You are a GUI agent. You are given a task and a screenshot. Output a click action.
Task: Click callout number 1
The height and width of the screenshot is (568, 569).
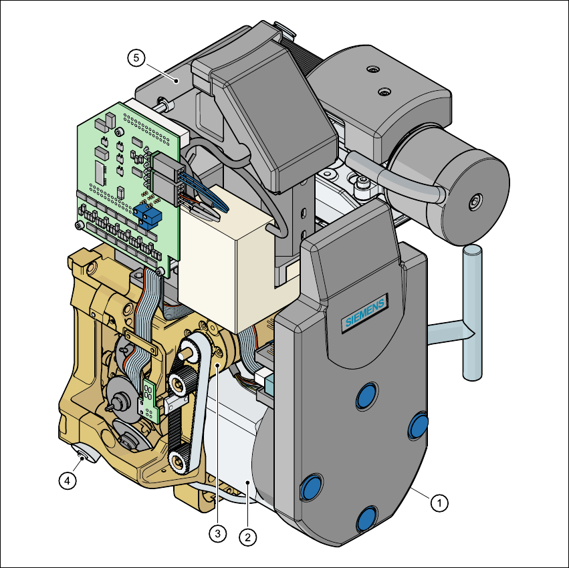pos(439,503)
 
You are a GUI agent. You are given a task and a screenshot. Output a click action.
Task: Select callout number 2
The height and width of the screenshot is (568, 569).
pos(248,537)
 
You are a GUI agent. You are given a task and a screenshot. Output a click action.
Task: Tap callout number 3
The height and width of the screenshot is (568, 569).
pos(218,533)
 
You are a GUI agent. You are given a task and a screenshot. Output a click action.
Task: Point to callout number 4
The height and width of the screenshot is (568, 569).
pos(68,480)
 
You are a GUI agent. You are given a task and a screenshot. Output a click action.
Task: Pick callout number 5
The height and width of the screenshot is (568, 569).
pos(136,57)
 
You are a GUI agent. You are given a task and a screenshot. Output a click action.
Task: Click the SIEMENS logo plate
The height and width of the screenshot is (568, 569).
pos(365,312)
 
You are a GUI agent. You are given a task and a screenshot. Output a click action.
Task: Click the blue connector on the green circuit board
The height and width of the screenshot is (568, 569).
pos(147,215)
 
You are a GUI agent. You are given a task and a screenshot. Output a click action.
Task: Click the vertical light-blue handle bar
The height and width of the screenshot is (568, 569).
pos(473,313)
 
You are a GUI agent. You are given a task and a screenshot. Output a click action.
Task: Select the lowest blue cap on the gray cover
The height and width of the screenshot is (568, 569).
pos(366,519)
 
